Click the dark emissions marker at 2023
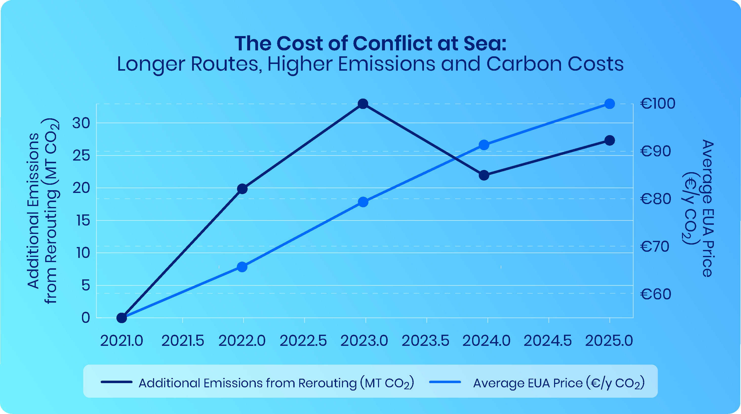pyautogui.click(x=363, y=103)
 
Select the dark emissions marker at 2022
pyautogui.click(x=242, y=189)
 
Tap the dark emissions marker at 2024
pyautogui.click(x=484, y=175)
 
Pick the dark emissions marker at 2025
pyautogui.click(x=610, y=140)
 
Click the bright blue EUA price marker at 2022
pyautogui.click(x=242, y=267)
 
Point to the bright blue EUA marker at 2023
pyautogui.click(x=363, y=202)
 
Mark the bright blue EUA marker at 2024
pyautogui.click(x=484, y=145)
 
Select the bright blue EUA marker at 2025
pyautogui.click(x=610, y=103)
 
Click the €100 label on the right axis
pyautogui.click(x=658, y=103)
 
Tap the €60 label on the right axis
pyautogui.click(x=656, y=294)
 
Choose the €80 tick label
pyautogui.click(x=656, y=199)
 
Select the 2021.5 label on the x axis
pyautogui.click(x=183, y=341)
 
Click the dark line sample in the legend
pyautogui.click(x=117, y=382)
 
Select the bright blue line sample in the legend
pyautogui.click(x=445, y=382)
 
